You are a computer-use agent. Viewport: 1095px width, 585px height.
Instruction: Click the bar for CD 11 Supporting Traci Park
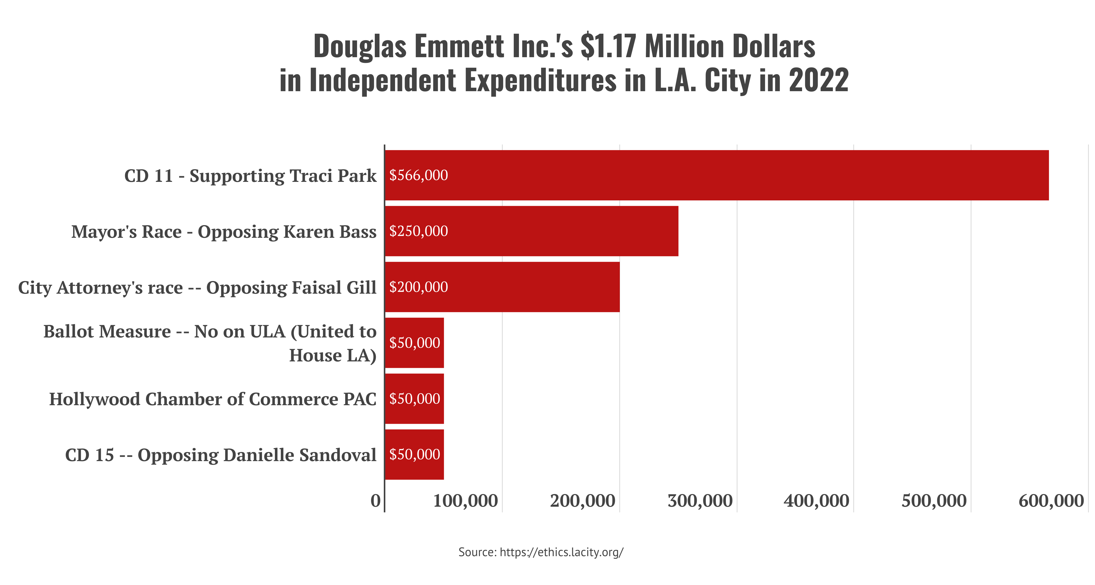[x=717, y=175]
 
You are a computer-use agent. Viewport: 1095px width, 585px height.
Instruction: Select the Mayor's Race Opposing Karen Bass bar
[x=532, y=231]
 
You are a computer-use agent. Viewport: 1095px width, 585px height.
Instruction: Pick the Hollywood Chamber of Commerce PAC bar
[x=414, y=399]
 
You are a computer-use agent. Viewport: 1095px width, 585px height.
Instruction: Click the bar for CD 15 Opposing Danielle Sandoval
[x=414, y=454]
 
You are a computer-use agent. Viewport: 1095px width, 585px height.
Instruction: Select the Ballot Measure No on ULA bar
[x=414, y=343]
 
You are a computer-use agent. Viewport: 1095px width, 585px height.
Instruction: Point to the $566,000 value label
[x=419, y=175]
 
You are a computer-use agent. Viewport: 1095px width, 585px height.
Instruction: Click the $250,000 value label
[x=419, y=231]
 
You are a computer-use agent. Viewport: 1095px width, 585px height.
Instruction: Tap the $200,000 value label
[x=419, y=287]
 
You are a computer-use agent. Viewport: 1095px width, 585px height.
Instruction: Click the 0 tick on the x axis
[x=375, y=501]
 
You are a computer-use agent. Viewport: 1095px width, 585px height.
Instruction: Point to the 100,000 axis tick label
[x=465, y=501]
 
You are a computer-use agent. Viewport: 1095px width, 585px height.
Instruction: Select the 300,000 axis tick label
[x=700, y=501]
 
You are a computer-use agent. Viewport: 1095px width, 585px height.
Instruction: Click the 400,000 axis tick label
[x=816, y=501]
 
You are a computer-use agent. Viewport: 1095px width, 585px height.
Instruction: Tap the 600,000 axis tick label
[x=1051, y=501]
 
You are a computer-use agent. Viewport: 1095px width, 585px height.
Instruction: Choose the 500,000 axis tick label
[x=934, y=501]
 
